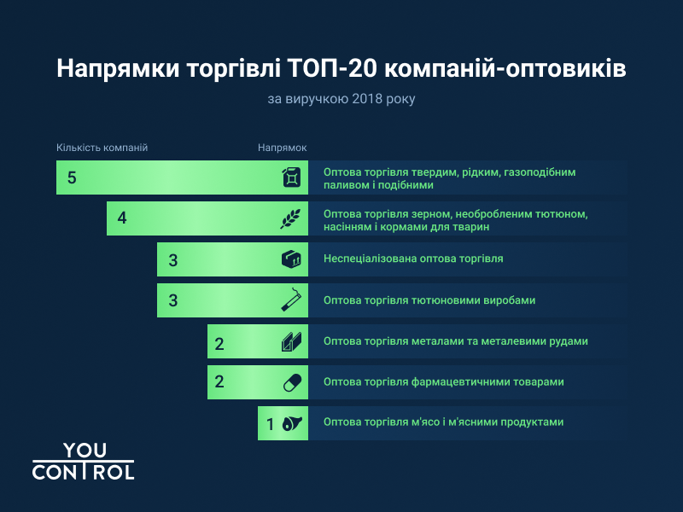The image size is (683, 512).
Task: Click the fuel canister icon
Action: tap(292, 177)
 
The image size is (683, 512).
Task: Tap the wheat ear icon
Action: tap(291, 218)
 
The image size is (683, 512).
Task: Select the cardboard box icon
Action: tap(292, 259)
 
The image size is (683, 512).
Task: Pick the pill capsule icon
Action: tap(292, 381)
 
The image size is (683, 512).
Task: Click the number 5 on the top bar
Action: tap(72, 177)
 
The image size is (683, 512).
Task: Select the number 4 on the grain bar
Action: tap(122, 218)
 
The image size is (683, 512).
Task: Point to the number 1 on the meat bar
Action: tap(271, 423)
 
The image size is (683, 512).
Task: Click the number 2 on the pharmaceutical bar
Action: tap(219, 381)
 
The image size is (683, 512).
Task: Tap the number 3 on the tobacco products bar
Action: tap(172, 300)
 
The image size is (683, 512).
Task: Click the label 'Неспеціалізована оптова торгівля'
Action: tap(413, 259)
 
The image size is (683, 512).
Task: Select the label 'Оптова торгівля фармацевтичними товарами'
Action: tap(444, 381)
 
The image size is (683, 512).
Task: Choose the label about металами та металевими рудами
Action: tap(456, 341)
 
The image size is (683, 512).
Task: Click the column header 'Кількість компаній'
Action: tap(102, 148)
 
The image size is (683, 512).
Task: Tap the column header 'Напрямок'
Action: tap(283, 148)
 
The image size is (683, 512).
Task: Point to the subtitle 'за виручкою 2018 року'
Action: tap(341, 99)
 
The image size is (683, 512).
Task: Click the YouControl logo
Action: tap(83, 461)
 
